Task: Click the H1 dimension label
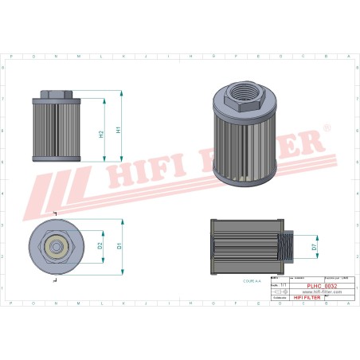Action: point(119,128)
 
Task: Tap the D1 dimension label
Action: point(119,245)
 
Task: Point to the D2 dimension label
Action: point(100,245)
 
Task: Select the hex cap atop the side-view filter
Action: point(56,95)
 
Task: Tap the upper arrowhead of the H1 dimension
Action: point(122,93)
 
